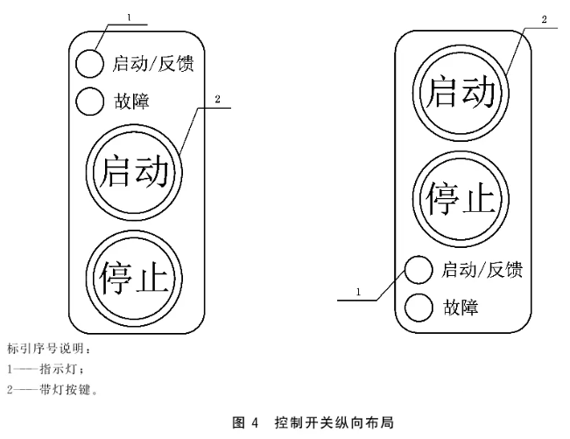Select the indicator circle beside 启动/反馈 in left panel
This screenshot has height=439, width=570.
coord(89,63)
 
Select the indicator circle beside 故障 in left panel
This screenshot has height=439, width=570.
coord(89,102)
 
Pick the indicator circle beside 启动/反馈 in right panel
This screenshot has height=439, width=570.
coord(419,270)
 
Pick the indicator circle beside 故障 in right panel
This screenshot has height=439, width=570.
coord(419,307)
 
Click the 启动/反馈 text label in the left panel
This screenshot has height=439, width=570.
coord(152,63)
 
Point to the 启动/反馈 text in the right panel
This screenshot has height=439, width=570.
coord(482,270)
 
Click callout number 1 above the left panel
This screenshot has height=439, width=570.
coord(129,17)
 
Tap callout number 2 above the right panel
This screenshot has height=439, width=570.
coord(545,18)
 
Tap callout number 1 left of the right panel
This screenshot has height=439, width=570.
coord(358,290)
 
